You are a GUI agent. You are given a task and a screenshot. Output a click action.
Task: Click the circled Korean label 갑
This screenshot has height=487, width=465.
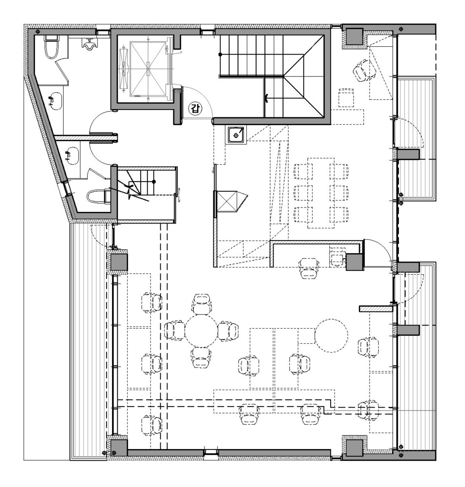point(195,109)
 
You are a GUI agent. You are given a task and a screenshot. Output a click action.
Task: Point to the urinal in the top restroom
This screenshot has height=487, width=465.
point(89,46)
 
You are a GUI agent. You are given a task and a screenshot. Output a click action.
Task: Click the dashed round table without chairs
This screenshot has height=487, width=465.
point(331,335)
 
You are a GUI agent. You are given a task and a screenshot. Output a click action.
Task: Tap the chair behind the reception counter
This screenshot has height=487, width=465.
point(309,267)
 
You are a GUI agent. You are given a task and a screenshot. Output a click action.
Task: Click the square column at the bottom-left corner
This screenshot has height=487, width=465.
point(117,447)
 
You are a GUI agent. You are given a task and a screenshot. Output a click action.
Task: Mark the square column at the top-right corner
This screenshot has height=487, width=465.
point(354,37)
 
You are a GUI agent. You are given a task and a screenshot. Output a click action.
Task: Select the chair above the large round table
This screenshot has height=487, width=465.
point(202,304)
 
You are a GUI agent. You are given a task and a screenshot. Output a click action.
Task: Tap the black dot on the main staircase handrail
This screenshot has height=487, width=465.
point(220,55)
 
